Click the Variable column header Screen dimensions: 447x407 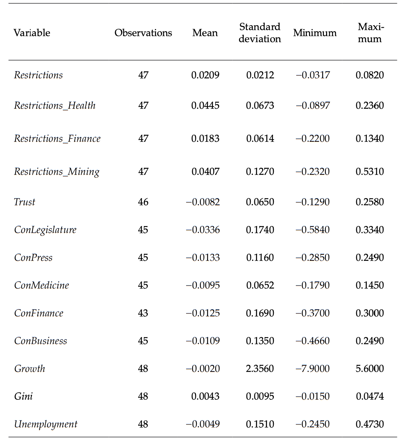(32, 33)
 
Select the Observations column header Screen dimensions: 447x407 (143, 33)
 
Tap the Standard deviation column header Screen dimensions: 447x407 (260, 33)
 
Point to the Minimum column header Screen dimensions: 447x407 (315, 33)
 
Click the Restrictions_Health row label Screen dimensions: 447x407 (55, 106)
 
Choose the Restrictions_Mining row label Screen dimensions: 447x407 (56, 172)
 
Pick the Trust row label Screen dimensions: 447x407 (25, 202)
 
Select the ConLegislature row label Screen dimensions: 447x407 (45, 230)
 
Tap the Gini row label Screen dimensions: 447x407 (23, 396)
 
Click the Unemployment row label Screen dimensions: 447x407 (45, 424)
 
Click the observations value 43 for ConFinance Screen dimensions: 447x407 (143, 313)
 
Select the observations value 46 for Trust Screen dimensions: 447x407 (143, 202)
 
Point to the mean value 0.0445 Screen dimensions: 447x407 (205, 106)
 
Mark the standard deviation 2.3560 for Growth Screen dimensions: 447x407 (260, 368)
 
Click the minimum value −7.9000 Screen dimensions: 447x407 (313, 368)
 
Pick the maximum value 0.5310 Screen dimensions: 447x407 (370, 172)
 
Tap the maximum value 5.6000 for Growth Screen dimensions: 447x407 (370, 368)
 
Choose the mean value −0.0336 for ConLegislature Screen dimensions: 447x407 (203, 230)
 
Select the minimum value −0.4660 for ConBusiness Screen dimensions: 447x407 (313, 341)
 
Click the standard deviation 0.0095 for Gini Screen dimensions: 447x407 (260, 396)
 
